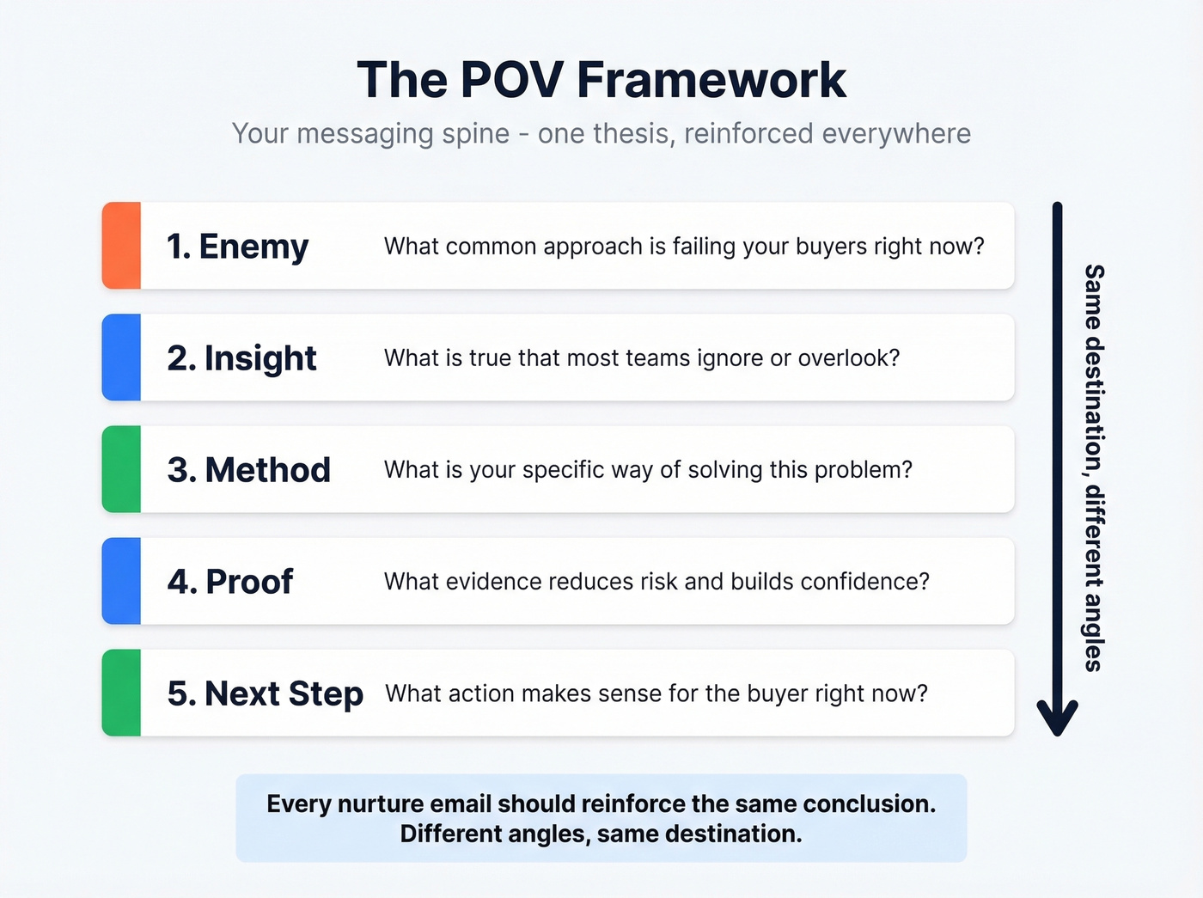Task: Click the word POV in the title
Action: (511, 80)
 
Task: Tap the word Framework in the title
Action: (711, 80)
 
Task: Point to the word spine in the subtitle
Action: (475, 134)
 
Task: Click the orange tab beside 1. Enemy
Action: (121, 246)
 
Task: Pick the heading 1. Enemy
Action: (237, 247)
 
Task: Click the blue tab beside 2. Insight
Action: (121, 357)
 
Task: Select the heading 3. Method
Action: (248, 470)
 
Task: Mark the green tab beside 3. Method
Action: (121, 469)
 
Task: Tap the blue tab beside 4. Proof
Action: (121, 581)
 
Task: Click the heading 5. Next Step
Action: (265, 693)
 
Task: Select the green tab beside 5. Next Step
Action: (121, 693)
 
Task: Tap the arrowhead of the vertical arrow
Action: (1057, 719)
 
